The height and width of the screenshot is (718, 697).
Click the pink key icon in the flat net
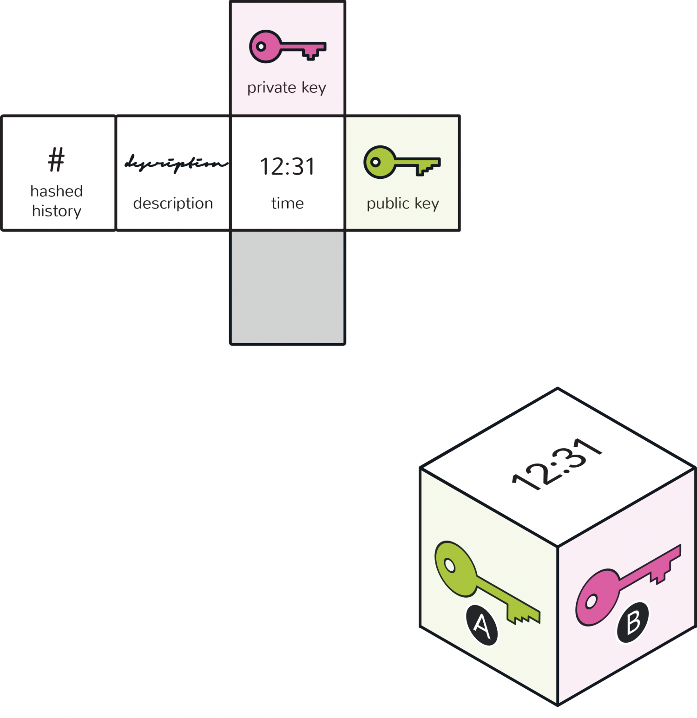click(x=288, y=46)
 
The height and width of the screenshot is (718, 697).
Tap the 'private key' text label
click(x=287, y=88)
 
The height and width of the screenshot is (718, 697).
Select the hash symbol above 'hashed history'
click(x=56, y=160)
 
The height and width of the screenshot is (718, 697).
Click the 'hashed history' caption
click(x=57, y=201)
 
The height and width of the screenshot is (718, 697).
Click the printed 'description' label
click(x=173, y=203)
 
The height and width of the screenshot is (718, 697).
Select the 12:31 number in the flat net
click(x=287, y=166)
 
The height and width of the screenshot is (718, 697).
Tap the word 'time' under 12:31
click(x=288, y=203)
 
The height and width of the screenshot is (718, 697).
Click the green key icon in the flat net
click(x=402, y=162)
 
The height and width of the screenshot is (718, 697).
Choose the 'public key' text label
click(x=403, y=203)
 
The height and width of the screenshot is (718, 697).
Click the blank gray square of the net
click(x=288, y=287)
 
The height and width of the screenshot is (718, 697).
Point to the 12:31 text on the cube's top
click(x=557, y=464)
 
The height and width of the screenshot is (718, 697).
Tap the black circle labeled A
click(x=482, y=625)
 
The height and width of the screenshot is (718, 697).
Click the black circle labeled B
click(x=633, y=622)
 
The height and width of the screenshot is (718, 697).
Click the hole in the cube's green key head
click(x=450, y=565)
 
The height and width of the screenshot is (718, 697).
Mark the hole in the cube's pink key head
click(x=591, y=601)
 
